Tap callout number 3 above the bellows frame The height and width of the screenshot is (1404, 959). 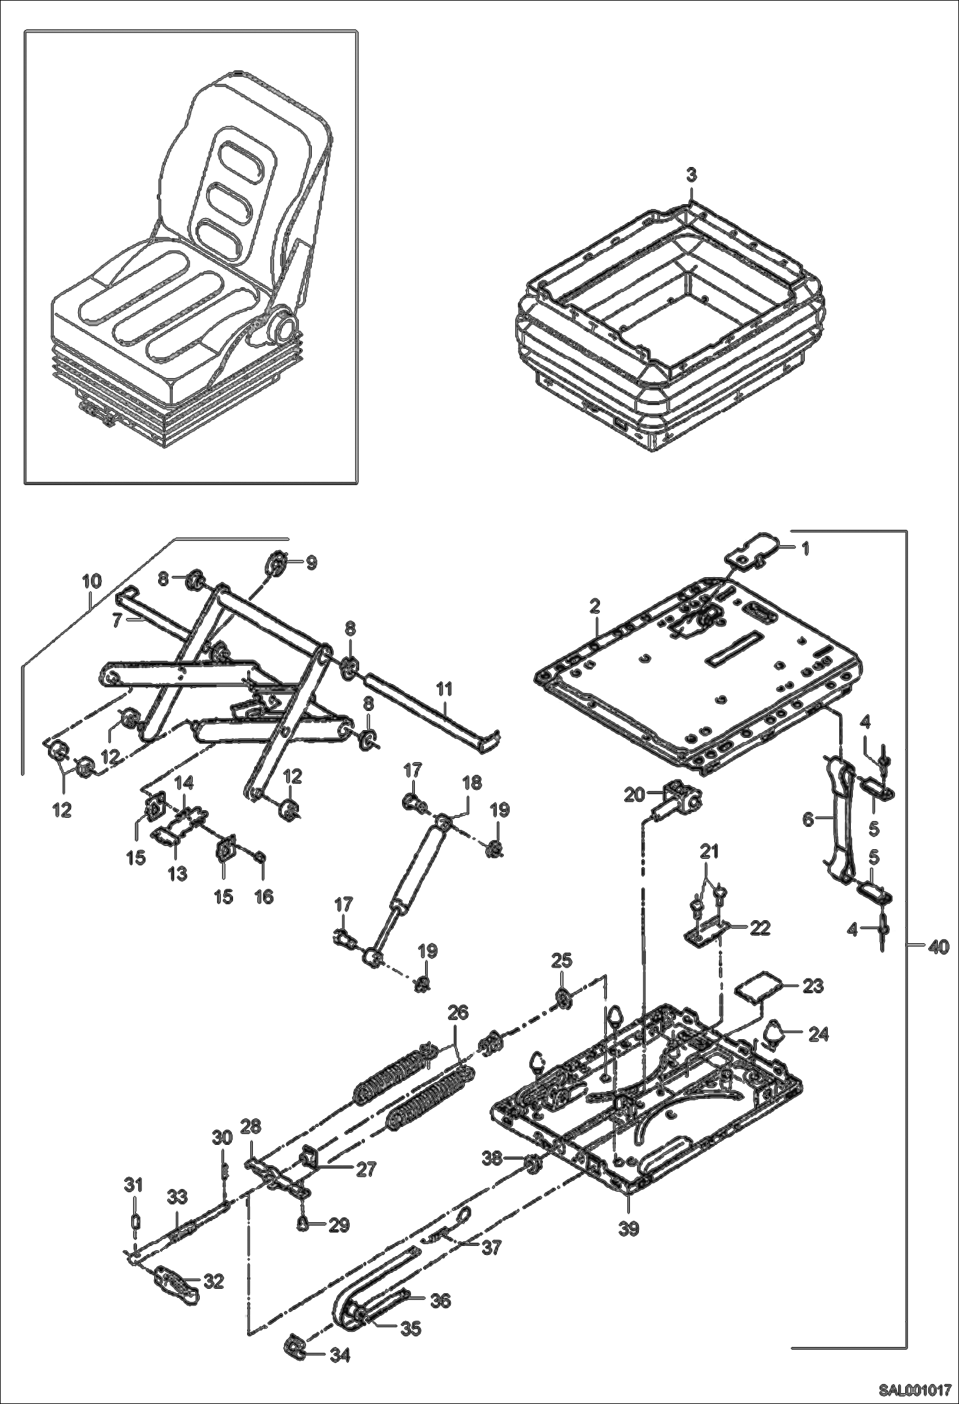click(691, 175)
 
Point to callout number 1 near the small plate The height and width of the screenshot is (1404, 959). click(805, 548)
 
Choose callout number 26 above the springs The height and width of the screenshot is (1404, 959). click(458, 1012)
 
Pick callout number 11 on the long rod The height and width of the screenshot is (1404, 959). click(444, 689)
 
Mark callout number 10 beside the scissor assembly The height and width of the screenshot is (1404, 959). click(92, 581)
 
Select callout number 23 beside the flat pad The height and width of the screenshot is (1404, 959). click(812, 986)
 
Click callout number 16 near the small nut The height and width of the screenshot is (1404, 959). click(264, 897)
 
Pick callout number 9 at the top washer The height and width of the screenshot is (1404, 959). click(310, 562)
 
